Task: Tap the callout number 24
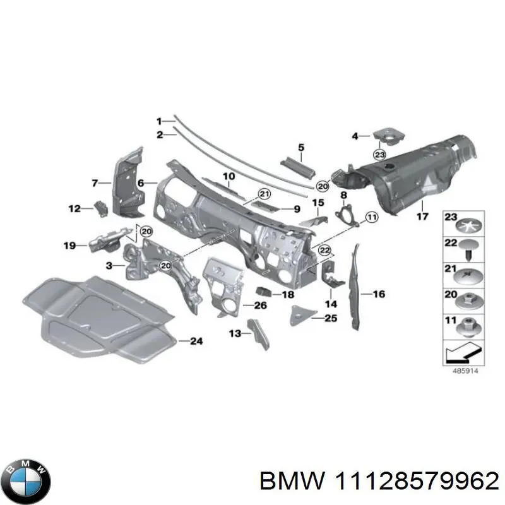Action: click(196, 342)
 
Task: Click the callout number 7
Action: click(94, 184)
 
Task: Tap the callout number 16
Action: click(379, 294)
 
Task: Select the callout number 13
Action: click(234, 333)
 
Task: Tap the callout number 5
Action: click(301, 148)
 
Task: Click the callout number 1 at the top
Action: click(160, 121)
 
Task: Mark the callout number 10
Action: click(229, 175)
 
